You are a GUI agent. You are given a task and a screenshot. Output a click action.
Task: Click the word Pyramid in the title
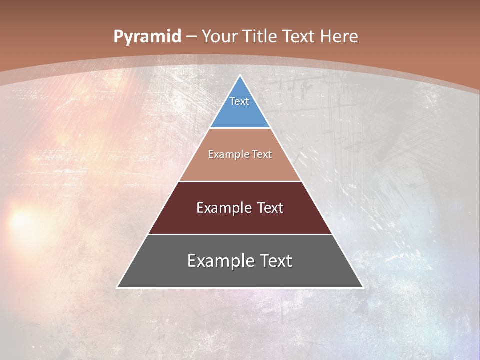pyautogui.click(x=147, y=37)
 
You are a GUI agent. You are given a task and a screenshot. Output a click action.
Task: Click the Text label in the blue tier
pyautogui.click(x=239, y=101)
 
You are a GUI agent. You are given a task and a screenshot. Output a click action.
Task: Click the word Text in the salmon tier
pyautogui.click(x=262, y=155)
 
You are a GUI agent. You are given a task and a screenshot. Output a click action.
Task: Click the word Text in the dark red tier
pyautogui.click(x=270, y=208)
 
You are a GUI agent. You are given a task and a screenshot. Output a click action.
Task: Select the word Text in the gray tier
pyautogui.click(x=275, y=261)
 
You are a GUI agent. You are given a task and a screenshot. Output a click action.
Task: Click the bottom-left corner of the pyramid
pyautogui.click(x=117, y=287)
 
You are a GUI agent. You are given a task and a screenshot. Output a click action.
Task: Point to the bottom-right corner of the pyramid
pyautogui.click(x=363, y=287)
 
